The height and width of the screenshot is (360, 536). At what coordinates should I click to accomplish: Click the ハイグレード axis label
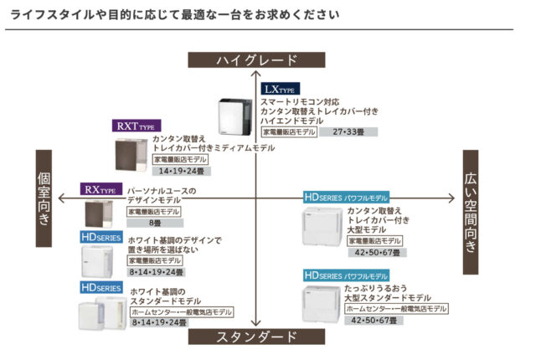point(255,59)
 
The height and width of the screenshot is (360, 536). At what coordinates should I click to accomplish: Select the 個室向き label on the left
point(45,198)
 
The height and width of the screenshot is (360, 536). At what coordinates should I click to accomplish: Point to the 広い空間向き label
point(472,211)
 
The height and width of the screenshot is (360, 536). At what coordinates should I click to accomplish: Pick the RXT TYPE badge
point(137,126)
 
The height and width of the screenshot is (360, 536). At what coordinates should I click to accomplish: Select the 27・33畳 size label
point(348,132)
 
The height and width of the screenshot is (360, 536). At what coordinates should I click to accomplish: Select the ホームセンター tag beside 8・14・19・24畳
point(181,311)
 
